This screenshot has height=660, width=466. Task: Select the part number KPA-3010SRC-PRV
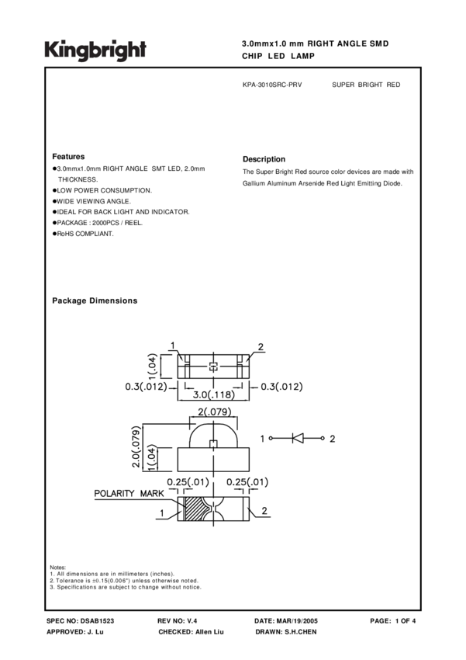pyautogui.click(x=272, y=84)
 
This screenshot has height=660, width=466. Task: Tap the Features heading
pyautogui.click(x=68, y=156)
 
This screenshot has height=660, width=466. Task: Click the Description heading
pyautogui.click(x=264, y=159)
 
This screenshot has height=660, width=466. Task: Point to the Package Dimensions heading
pyautogui.click(x=95, y=300)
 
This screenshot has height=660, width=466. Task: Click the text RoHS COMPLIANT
pyautogui.click(x=85, y=234)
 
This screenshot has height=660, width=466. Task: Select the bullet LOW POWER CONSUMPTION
pyautogui.click(x=104, y=190)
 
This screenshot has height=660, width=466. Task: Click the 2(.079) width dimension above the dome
pyautogui.click(x=213, y=412)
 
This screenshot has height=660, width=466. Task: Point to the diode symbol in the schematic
pyautogui.click(x=298, y=438)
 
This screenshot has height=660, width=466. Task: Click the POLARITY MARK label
pyautogui.click(x=125, y=494)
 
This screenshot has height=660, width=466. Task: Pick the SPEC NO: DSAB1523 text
pyautogui.click(x=81, y=621)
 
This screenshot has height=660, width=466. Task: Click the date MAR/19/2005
pyautogui.click(x=298, y=621)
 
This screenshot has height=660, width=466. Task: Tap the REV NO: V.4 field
pyautogui.click(x=178, y=621)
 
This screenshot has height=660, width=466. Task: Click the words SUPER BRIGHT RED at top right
pyautogui.click(x=366, y=84)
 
